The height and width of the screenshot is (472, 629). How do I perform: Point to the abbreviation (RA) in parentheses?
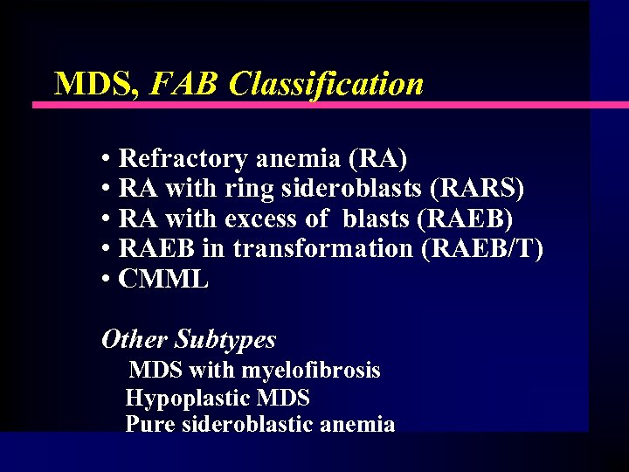[x=377, y=158]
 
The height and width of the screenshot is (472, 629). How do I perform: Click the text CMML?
[x=163, y=280]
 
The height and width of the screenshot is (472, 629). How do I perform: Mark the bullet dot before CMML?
[x=105, y=280]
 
